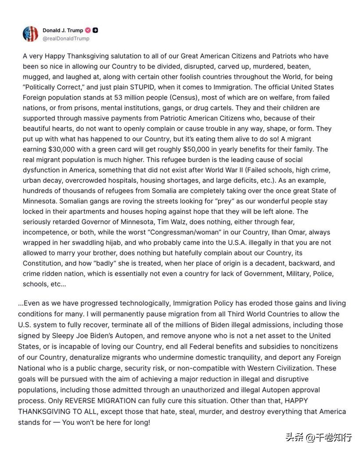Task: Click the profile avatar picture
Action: pyautogui.click(x=30, y=34)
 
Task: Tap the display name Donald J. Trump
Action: pyautogui.click(x=63, y=30)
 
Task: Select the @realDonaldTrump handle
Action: pyautogui.click(x=66, y=39)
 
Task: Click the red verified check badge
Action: pyautogui.click(x=88, y=30)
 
